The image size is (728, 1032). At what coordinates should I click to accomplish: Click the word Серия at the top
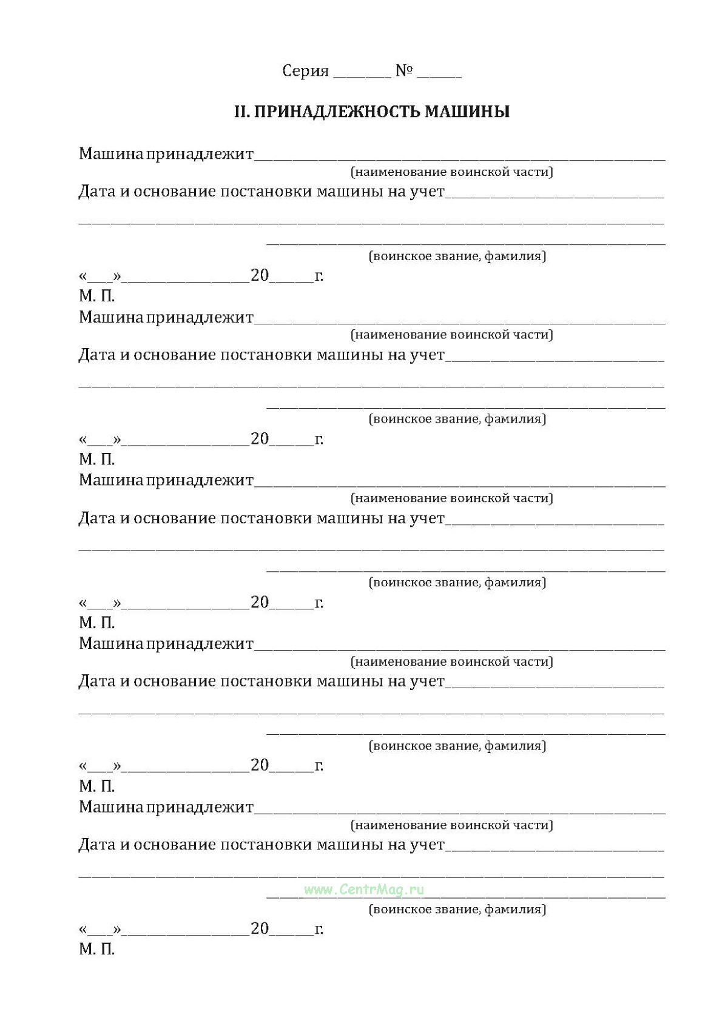305,71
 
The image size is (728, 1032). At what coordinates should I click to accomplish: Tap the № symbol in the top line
404,71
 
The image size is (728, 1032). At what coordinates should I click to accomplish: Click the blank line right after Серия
362,75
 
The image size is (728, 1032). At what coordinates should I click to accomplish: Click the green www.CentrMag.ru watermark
364,890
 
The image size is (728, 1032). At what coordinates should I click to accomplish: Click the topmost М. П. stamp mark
97,296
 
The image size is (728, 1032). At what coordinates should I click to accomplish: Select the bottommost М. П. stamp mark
97,949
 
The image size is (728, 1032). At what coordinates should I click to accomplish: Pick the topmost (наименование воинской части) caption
452,172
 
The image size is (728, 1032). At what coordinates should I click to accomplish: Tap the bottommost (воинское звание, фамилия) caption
457,909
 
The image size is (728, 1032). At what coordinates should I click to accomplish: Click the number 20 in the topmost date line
260,275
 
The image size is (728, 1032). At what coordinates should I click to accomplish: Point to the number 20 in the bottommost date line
260,928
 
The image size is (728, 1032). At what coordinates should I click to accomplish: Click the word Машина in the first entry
111,154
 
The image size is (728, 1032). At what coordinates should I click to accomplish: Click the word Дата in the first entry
96,192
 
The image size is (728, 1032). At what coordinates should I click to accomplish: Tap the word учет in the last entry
427,845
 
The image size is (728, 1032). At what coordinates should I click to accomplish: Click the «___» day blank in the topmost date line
100,276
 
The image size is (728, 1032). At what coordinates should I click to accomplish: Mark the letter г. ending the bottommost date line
318,929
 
